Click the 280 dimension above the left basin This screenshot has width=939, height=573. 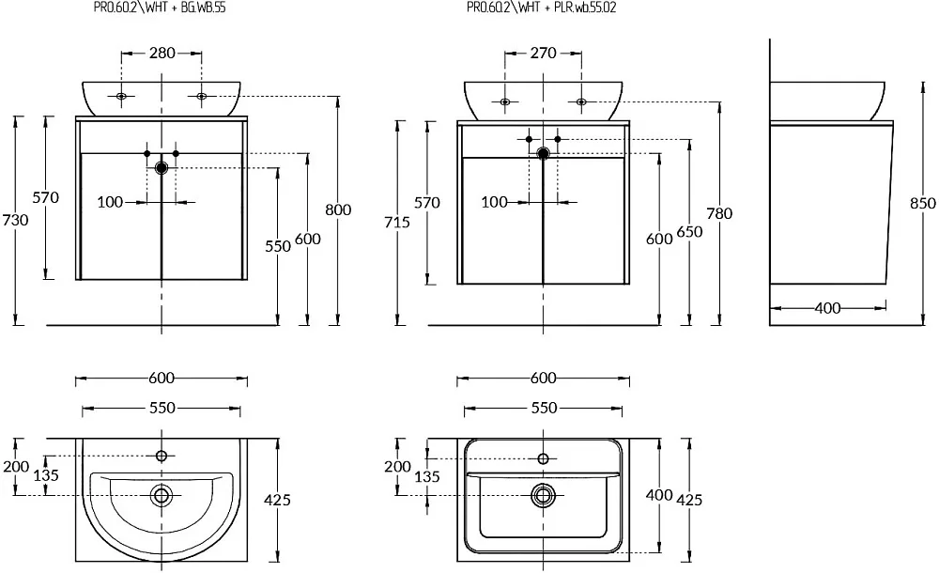click(x=162, y=53)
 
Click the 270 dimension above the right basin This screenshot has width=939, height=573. click(x=543, y=53)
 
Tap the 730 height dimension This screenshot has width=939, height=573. click(x=15, y=220)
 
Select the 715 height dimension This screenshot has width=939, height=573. click(x=397, y=223)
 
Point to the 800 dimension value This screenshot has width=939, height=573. click(x=338, y=209)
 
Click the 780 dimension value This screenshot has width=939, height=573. click(x=719, y=213)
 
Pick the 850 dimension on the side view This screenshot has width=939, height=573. click(x=923, y=203)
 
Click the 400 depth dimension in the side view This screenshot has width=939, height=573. click(x=827, y=308)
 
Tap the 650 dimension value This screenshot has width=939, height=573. click(x=689, y=231)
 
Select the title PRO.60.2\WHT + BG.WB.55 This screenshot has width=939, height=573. click(x=160, y=8)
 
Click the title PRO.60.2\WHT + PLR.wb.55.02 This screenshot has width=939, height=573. click(x=542, y=8)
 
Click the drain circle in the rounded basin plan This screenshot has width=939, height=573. click(x=162, y=496)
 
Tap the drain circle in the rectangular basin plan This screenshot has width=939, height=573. click(x=543, y=496)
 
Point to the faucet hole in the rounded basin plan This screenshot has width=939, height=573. click(x=162, y=457)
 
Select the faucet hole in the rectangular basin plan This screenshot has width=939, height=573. click(x=543, y=459)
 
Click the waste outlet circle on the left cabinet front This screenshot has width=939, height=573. click(x=162, y=168)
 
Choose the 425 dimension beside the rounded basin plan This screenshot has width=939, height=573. click(x=277, y=500)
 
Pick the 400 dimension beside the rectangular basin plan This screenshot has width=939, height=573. click(x=659, y=495)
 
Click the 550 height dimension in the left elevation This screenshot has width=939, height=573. click(x=278, y=246)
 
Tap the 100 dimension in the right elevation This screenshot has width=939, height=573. click(x=494, y=202)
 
